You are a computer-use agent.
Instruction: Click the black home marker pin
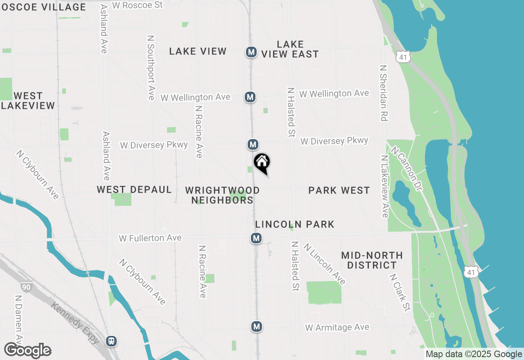pos(262,163)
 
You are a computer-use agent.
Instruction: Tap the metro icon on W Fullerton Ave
pos(256,238)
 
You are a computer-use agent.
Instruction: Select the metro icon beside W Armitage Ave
pos(256,326)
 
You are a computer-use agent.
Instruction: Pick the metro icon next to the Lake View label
pos(251,52)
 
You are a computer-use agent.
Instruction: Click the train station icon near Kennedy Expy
pos(111,341)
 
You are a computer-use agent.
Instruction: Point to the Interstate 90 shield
pos(27,287)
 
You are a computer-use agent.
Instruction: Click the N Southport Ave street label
pos(151,67)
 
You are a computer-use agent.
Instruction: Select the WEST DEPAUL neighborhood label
pos(134,189)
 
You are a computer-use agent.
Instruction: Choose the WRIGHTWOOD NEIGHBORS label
pos(222,195)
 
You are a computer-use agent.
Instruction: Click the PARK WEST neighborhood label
pos(339,190)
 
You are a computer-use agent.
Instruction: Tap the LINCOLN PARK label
pos(295,224)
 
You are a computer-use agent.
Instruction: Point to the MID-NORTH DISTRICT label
pos(372,260)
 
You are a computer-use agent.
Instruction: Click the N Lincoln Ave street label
pos(325,264)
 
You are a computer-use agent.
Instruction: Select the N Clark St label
pos(400,292)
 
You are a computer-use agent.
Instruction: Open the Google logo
pos(27,351)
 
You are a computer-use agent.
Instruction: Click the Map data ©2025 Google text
pos(473,354)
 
